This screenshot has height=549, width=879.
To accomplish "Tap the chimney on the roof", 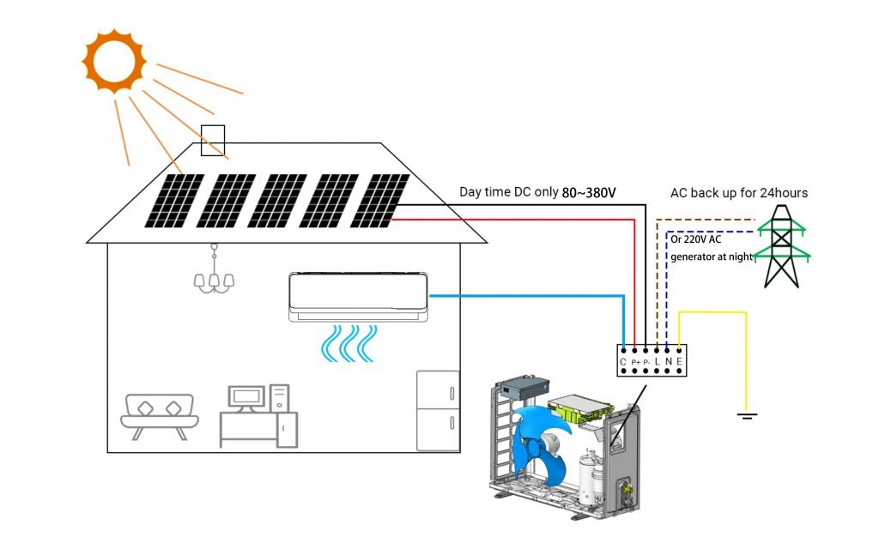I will (212, 141).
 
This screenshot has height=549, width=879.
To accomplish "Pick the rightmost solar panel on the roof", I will (379, 201).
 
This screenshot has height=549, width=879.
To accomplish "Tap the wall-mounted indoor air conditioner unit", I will (358, 297).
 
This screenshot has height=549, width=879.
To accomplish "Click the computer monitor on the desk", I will (246, 396).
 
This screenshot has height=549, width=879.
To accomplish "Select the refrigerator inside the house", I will (438, 410).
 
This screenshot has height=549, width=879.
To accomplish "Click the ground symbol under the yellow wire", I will (746, 417).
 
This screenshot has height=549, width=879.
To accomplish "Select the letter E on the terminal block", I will (679, 363).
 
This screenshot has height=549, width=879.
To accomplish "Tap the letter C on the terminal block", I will (622, 363).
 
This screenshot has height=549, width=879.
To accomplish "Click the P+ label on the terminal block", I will (635, 364).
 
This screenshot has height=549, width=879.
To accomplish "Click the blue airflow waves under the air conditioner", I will (349, 342).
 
